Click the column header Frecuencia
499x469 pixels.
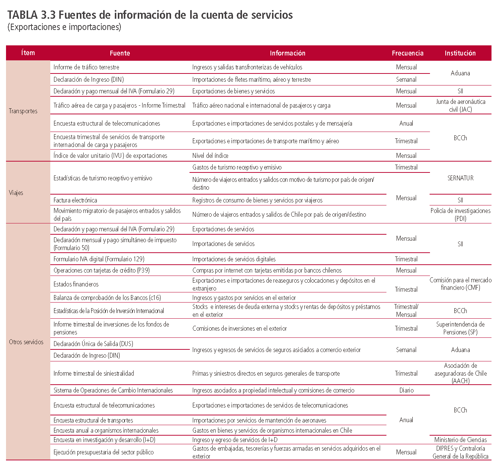pos(407,53)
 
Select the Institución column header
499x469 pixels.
pos(460,53)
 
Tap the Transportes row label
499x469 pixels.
pos(23,111)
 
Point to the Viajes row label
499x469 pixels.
pos(16,193)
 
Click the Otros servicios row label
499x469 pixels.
pos(26,342)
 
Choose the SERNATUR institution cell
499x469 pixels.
pos(460,178)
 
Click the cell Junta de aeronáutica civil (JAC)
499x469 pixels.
pos(460,105)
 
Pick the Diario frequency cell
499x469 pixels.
pos(406,390)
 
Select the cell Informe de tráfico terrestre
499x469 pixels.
pos(86,67)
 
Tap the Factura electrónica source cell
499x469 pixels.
pos(75,200)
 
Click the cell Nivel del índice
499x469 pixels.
pos(210,156)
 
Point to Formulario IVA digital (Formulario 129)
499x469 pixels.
pos(99,259)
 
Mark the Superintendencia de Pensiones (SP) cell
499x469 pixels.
pos(460,328)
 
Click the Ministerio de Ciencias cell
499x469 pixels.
pos(460,440)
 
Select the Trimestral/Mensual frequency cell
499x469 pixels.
pos(406,310)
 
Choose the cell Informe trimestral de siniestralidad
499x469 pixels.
pos(94,373)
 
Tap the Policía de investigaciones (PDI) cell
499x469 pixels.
pos(460,214)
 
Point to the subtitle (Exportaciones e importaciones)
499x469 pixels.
pos(64,27)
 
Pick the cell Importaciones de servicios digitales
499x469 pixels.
pos(234,259)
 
